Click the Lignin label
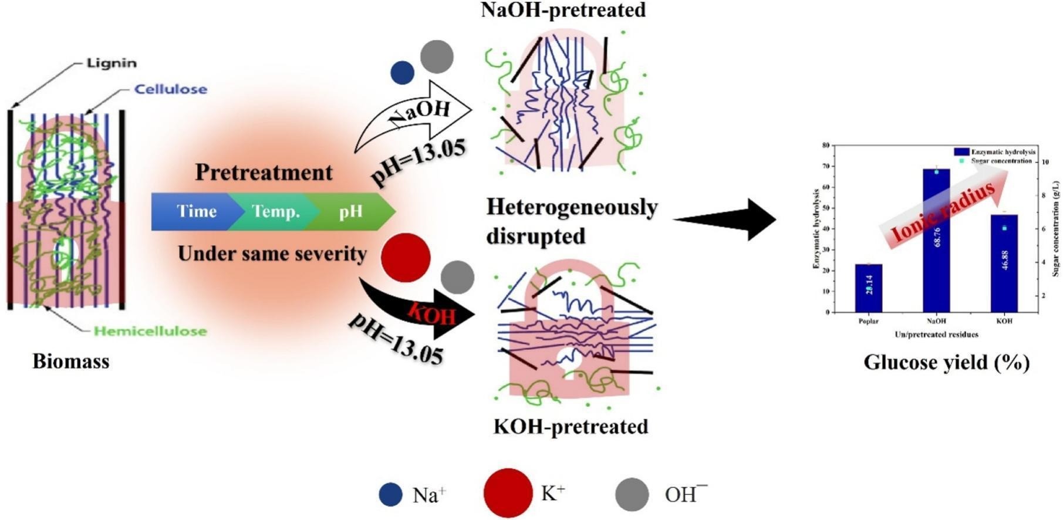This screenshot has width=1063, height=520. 111,63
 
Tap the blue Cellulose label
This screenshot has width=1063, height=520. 170,89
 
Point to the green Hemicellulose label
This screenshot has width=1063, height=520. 150,331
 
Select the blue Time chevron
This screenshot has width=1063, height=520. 194,211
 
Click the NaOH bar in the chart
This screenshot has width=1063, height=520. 936,241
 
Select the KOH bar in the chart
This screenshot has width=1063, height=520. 1004,264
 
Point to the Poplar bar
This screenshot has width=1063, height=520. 868,288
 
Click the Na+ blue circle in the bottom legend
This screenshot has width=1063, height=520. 390,494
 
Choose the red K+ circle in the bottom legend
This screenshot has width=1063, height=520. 508,493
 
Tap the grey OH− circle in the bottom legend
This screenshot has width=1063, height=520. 632,494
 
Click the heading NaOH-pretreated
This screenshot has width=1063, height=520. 563,10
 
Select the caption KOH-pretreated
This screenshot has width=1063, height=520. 571,426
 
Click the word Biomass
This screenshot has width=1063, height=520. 70,361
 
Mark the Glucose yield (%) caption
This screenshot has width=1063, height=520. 946,362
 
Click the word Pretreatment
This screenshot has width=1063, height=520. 264,172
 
